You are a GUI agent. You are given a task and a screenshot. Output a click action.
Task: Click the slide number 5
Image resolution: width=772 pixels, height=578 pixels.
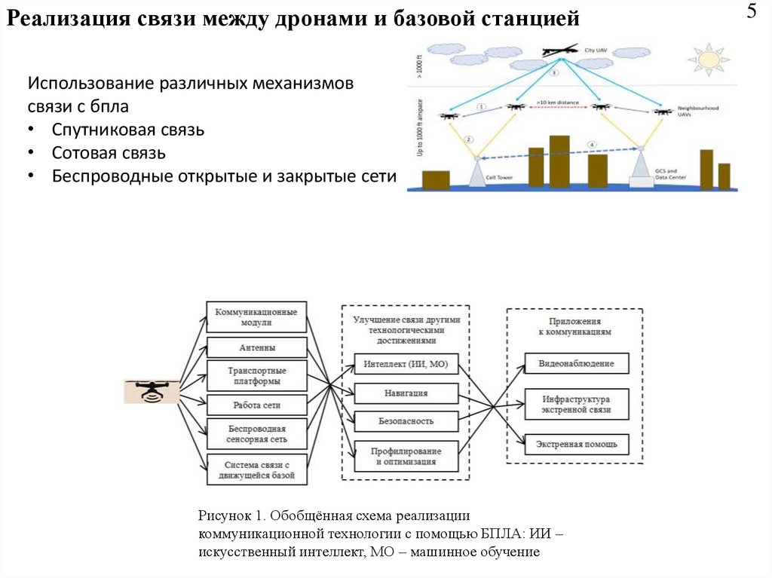(x=752, y=13)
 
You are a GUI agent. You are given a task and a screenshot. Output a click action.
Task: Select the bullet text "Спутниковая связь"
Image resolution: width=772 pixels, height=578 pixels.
(x=128, y=130)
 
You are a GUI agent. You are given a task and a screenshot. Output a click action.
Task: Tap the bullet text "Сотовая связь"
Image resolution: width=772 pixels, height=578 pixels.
(x=109, y=153)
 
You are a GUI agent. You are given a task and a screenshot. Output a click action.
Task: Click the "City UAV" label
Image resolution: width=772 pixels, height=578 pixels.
(x=596, y=50)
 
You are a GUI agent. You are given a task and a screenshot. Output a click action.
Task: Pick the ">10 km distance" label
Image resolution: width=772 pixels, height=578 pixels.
(x=558, y=100)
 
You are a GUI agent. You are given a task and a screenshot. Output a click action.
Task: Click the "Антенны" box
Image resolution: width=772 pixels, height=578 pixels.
(x=257, y=347)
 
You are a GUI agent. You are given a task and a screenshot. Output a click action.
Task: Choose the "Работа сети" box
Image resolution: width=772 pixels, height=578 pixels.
(x=257, y=405)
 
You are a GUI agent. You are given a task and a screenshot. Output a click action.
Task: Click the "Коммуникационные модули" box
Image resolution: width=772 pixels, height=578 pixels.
(x=257, y=317)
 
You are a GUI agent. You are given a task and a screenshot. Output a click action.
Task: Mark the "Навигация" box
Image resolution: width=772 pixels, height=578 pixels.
(x=406, y=393)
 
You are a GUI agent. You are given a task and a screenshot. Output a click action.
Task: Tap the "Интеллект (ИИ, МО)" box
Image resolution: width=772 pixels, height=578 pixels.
(x=406, y=364)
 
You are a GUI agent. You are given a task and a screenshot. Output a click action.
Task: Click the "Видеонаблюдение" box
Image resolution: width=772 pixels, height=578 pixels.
(x=576, y=364)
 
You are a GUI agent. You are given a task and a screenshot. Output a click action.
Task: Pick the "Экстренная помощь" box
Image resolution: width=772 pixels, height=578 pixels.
(x=576, y=444)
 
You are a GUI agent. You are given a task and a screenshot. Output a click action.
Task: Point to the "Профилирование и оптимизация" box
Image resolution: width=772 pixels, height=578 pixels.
(x=406, y=456)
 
